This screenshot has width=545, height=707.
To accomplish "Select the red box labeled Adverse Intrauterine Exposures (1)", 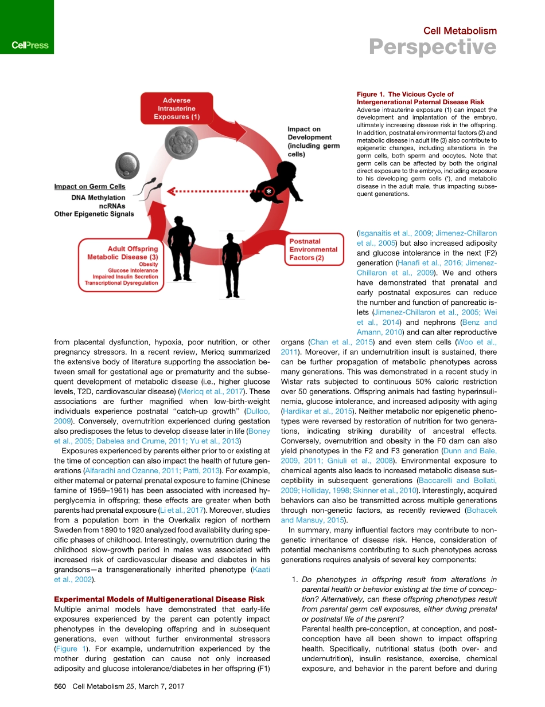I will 177,109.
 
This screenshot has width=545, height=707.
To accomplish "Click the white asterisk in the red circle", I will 267,191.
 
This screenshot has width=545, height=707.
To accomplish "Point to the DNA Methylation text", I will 98,198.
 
